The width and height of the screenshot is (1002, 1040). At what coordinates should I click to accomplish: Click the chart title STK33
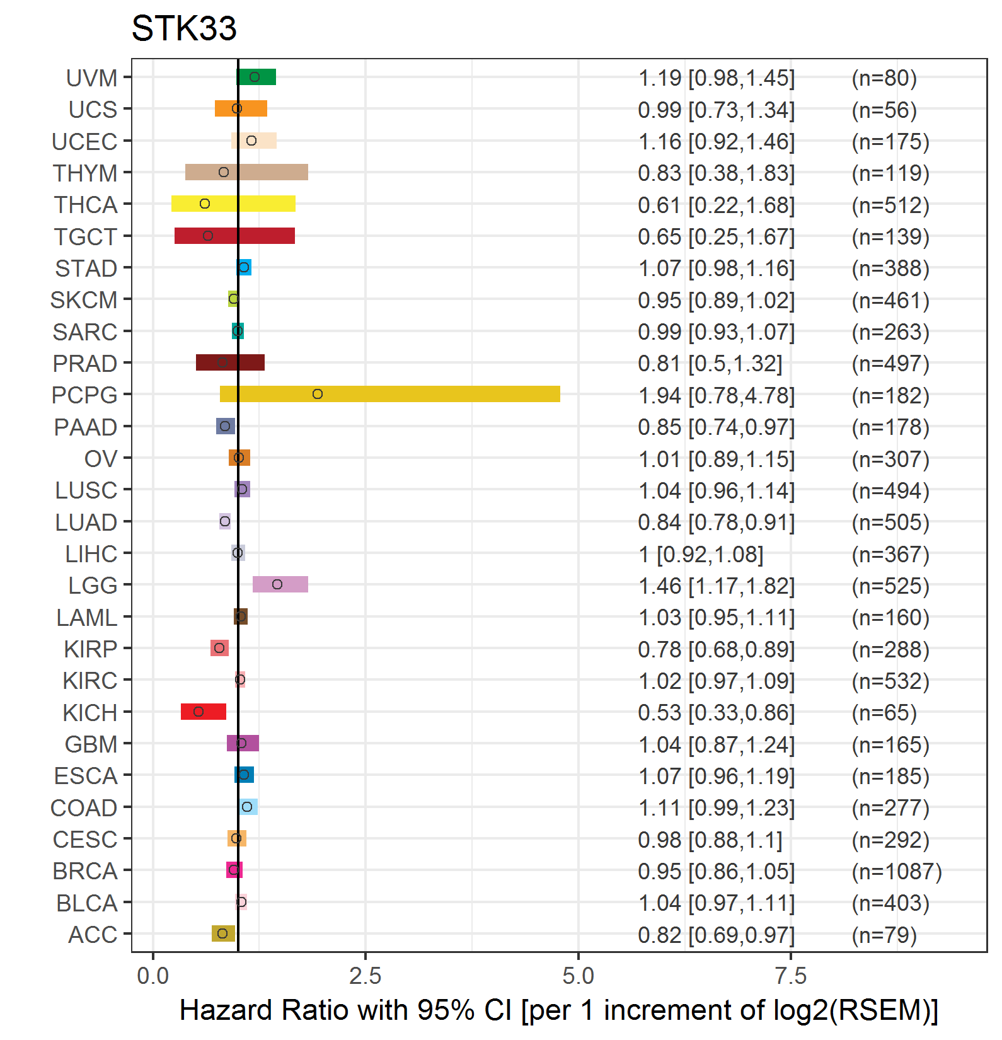[184, 28]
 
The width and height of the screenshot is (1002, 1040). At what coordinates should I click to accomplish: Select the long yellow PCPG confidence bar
[390, 394]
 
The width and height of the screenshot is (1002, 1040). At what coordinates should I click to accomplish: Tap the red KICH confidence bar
[204, 712]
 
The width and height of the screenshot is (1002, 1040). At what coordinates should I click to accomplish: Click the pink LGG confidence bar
[280, 584]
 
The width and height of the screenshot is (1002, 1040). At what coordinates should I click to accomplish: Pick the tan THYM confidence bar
[246, 172]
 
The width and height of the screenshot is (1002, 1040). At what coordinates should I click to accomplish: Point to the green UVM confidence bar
[256, 77]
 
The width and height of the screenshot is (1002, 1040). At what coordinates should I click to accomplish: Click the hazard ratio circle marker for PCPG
[318, 394]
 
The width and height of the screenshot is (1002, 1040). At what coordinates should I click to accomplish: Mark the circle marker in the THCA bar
[205, 204]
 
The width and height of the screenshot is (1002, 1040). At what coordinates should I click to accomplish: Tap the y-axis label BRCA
[85, 871]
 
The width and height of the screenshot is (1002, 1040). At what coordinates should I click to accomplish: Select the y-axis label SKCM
[84, 300]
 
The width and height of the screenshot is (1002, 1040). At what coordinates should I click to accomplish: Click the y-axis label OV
[101, 459]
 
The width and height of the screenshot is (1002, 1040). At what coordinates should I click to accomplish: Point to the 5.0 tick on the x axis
[578, 976]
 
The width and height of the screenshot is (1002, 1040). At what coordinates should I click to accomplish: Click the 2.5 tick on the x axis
[366, 976]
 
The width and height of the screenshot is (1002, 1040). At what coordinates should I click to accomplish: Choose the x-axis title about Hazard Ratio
[559, 1010]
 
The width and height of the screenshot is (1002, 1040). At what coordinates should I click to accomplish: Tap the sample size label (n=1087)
[897, 871]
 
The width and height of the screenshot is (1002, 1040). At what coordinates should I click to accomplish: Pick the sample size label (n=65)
[884, 712]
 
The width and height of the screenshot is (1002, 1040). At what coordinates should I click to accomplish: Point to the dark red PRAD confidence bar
[230, 362]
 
